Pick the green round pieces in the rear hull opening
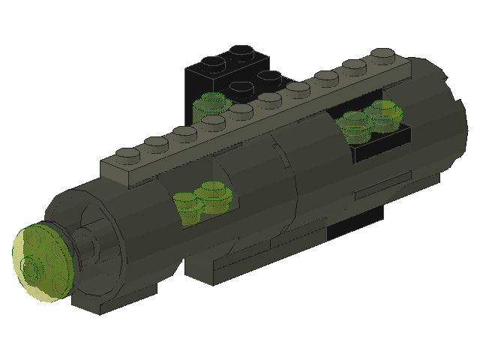coord(372,118)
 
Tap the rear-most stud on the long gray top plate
coord(382,55)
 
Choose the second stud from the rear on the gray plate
coord(355,64)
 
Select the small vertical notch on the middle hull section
coord(284,157)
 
